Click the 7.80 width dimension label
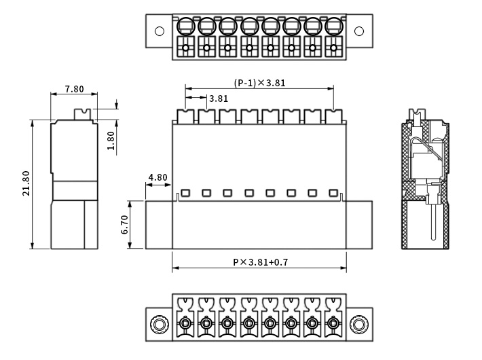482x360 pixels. pyautogui.click(x=74, y=89)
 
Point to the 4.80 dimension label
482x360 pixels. pyautogui.click(x=157, y=178)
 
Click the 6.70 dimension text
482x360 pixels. pyautogui.click(x=124, y=224)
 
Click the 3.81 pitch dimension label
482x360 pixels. pyautogui.click(x=219, y=98)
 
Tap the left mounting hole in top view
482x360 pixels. pyautogui.click(x=160, y=31)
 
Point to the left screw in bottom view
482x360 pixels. pyautogui.click(x=160, y=325)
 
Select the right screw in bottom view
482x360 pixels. pyautogui.click(x=359, y=325)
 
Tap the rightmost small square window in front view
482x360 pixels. pyautogui.click(x=333, y=193)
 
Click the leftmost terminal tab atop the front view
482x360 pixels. pyautogui.click(x=185, y=116)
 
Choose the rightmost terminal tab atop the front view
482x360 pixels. pyautogui.click(x=333, y=116)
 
